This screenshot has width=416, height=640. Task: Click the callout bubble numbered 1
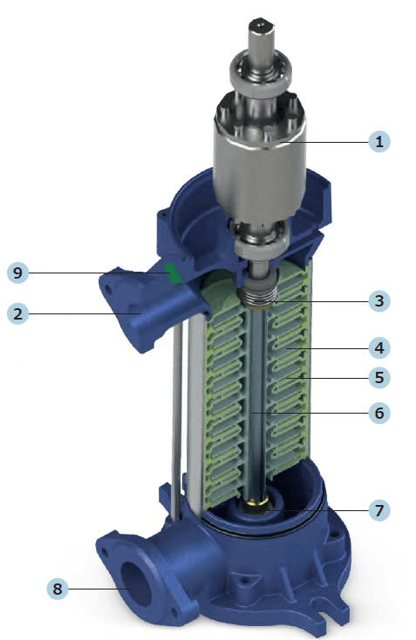[378, 142]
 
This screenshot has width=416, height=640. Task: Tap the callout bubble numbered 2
[18, 313]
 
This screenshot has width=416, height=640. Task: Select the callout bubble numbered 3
[378, 301]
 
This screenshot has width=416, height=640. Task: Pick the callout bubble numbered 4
[378, 348]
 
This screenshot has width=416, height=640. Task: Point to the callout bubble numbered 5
[378, 378]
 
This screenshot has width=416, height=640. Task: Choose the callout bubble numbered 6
[378, 413]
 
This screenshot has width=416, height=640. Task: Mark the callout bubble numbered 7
[378, 510]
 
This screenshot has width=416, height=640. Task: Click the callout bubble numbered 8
[58, 589]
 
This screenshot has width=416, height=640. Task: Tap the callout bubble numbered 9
[18, 273]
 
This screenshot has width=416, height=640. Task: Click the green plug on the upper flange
[174, 273]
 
